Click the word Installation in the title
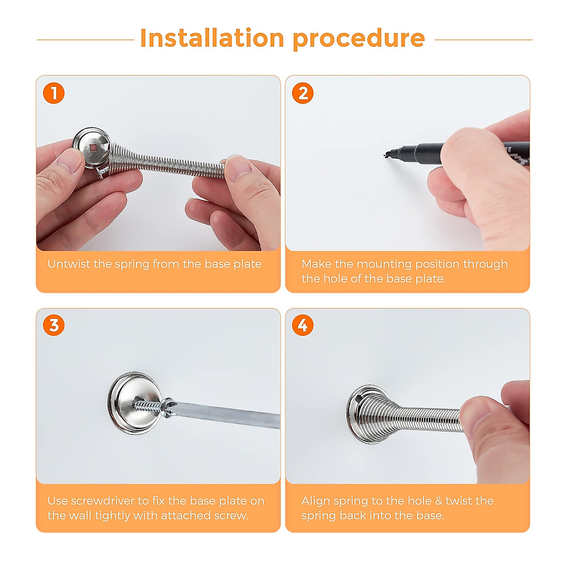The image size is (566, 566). point(212,38)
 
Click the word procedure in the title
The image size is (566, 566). point(358,39)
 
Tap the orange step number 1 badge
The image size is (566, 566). point(54,93)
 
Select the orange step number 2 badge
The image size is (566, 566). point(302,93)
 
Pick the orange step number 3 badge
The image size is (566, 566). point(54,325)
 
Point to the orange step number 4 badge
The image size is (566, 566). point(302,325)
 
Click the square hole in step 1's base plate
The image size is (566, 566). point(93,148)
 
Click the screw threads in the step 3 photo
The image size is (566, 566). point(148,406)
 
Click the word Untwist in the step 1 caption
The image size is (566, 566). point(69,264)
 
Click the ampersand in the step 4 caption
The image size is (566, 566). point(439,501)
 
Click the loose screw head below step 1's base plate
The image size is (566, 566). point(101,173)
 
